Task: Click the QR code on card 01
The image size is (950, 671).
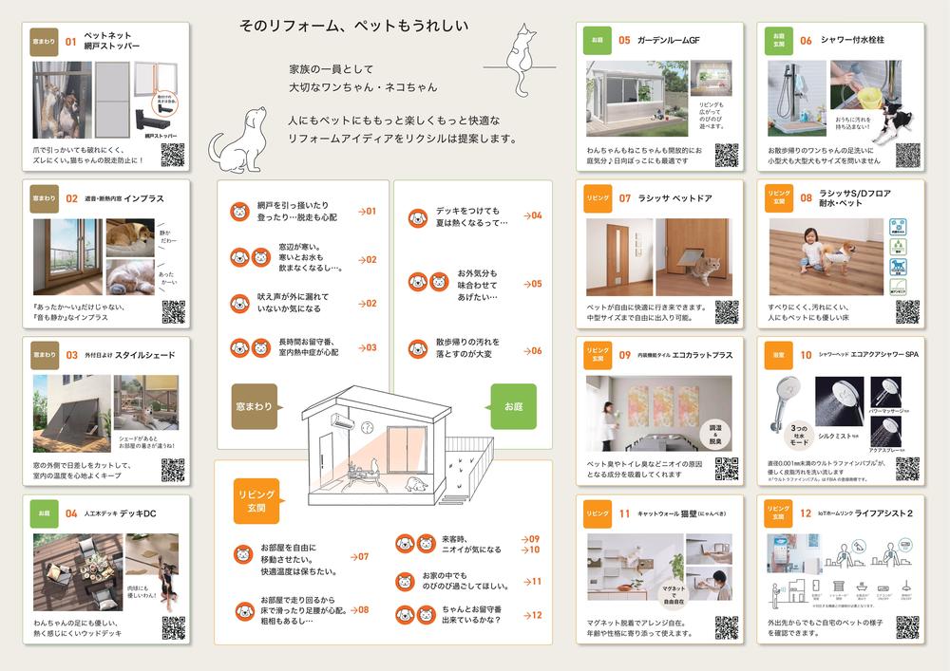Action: point(173,156)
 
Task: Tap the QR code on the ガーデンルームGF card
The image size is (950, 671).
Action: point(727,155)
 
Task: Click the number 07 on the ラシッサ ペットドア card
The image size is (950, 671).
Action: point(624,198)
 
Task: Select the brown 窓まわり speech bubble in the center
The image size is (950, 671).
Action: point(255,405)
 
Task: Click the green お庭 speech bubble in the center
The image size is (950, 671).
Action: point(514,406)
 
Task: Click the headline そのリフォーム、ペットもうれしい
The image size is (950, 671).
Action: point(352,26)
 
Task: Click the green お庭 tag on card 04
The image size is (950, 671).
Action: point(45,513)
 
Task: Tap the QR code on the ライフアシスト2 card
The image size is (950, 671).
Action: point(907,627)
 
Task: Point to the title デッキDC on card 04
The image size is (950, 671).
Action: point(135,513)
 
